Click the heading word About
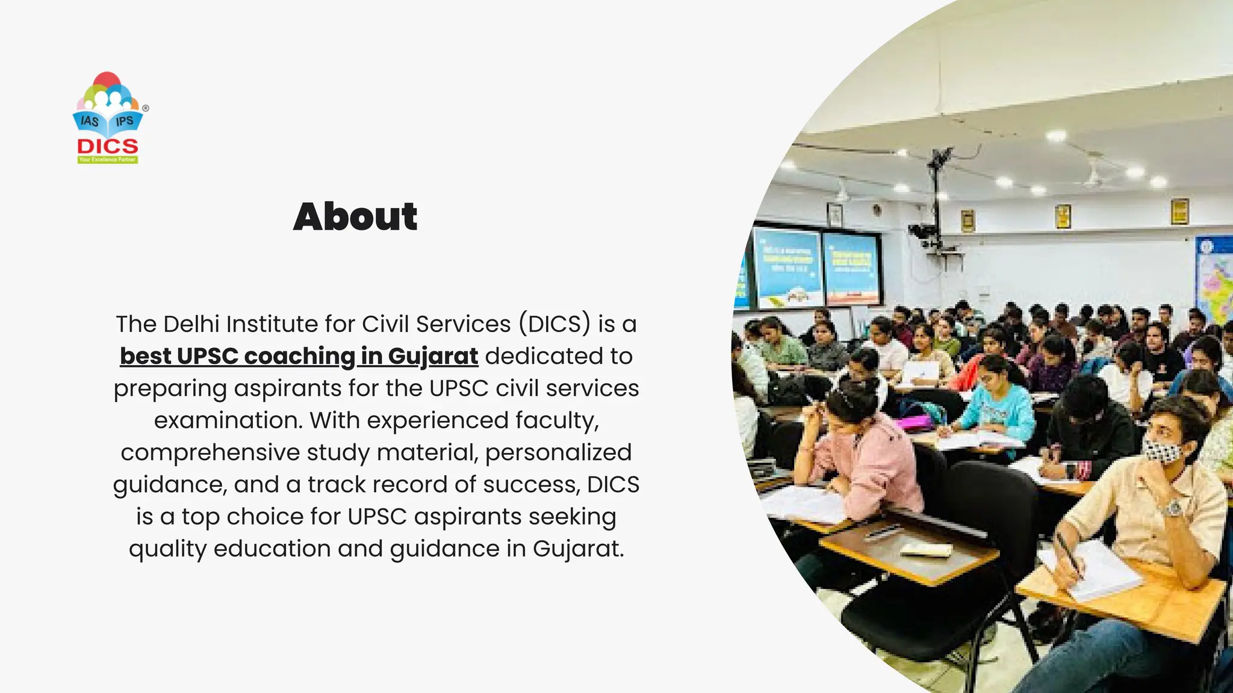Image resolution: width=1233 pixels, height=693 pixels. [x=355, y=217]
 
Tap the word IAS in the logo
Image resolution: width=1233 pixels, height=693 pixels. [x=90, y=121]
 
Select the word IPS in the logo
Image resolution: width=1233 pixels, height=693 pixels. [x=125, y=121]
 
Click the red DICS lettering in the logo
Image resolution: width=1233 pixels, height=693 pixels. [x=108, y=146]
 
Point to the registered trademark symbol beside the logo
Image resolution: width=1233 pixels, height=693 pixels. [x=146, y=108]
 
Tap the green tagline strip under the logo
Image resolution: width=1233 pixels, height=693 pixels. [x=108, y=160]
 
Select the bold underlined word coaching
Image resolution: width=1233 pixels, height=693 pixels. [x=300, y=356]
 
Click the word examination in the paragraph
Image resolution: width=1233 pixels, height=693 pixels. [x=228, y=420]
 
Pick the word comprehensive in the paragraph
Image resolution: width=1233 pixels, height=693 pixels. [x=210, y=452]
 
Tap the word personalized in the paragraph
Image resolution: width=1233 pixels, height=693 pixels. [x=558, y=452]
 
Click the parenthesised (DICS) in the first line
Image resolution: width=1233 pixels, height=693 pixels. [x=554, y=324]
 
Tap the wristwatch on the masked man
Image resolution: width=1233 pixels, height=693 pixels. [x=1172, y=509]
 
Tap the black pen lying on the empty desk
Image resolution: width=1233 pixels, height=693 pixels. [x=883, y=531]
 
